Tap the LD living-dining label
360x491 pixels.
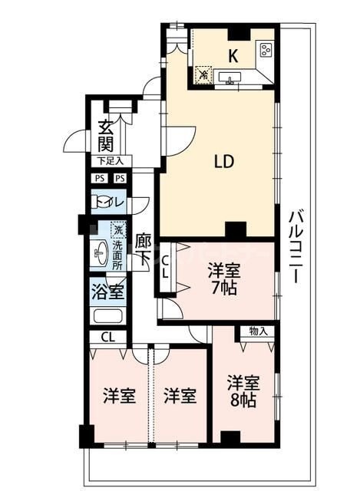[223, 162]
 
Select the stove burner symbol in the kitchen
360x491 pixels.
[266, 51]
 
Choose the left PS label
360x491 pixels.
[99, 179]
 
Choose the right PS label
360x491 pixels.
[121, 179]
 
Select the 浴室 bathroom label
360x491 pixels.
[107, 292]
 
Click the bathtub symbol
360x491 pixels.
[107, 315]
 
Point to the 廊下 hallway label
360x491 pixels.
[143, 249]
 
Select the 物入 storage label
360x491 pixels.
[259, 331]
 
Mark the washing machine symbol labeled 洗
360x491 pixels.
[117, 229]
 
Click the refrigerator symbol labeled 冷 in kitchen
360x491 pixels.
[203, 74]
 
